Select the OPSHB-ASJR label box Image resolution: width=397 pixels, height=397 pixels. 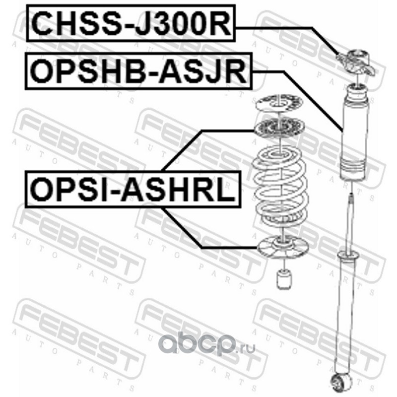[138, 72]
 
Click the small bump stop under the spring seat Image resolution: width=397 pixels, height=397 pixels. [283, 279]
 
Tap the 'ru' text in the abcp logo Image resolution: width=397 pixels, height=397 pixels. [249, 348]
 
